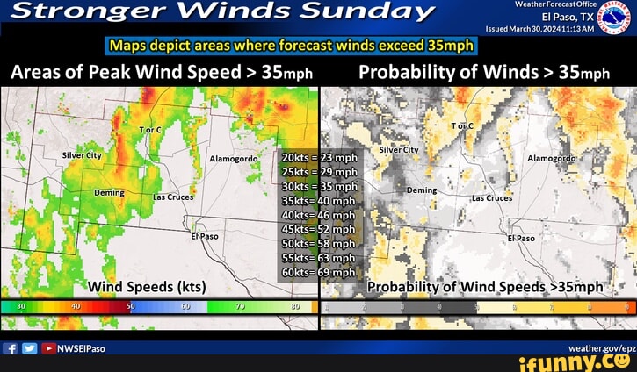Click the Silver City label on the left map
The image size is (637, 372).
point(83,154)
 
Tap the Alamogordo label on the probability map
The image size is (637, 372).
point(551,158)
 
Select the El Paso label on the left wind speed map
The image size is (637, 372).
point(204,237)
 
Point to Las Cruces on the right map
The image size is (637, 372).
point(492,198)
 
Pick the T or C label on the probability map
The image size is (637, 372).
point(462,126)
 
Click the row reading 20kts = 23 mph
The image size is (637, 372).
point(319,158)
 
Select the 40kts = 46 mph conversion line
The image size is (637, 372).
point(319,214)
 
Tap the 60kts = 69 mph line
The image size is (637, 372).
point(319,271)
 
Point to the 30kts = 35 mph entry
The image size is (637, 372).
point(319,186)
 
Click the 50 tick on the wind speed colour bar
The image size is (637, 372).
point(131,307)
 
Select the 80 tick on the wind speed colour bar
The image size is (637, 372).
point(294,307)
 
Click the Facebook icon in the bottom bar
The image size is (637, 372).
point(11,348)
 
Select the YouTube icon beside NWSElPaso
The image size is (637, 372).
point(49,348)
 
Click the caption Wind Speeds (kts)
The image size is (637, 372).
point(147,287)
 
